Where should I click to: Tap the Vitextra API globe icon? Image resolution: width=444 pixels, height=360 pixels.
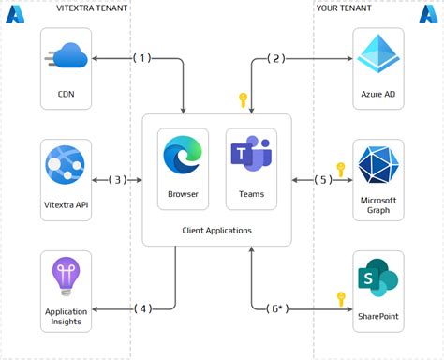pyautogui.click(x=67, y=166)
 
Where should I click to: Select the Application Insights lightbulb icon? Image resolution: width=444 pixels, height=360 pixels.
pyautogui.click(x=67, y=278)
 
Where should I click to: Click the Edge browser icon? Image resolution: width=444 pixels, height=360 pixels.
pyautogui.click(x=183, y=156)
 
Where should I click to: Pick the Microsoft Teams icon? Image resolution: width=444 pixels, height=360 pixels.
pyautogui.click(x=250, y=156)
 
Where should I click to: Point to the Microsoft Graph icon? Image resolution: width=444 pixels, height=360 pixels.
pyautogui.click(x=377, y=166)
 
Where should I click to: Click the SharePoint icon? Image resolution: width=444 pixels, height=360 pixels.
pyautogui.click(x=377, y=278)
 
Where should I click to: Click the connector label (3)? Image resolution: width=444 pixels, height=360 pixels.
pyautogui.click(x=116, y=179)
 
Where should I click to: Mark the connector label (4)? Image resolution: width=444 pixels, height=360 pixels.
pyautogui.click(x=142, y=307)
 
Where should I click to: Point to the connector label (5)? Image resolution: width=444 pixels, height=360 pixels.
pyautogui.click(x=321, y=179)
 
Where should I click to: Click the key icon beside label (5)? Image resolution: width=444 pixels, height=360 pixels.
pyautogui.click(x=342, y=169)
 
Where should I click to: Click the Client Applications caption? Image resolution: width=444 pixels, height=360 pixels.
pyautogui.click(x=216, y=230)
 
